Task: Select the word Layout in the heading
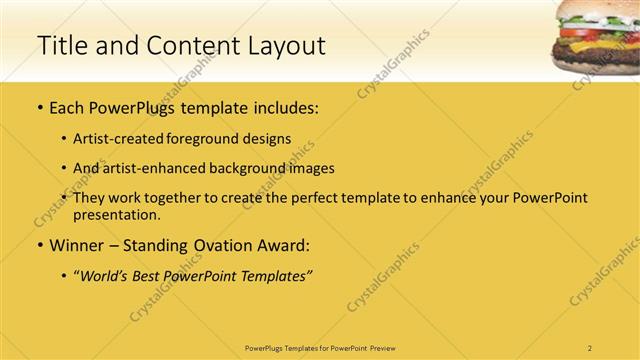pos(282,46)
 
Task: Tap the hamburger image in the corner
pos(595,35)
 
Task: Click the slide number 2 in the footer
pos(590,347)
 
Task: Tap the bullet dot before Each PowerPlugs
pos(38,108)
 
